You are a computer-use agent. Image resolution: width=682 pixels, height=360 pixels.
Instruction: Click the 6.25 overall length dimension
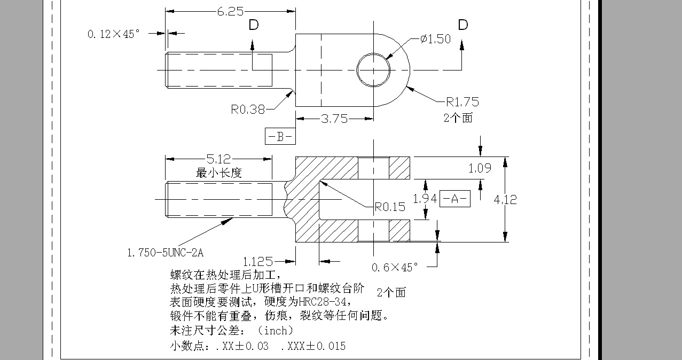(x=231, y=11)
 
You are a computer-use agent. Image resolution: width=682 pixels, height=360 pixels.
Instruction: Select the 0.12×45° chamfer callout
(x=113, y=34)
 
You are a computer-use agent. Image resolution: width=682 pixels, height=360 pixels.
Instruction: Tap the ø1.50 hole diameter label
(x=435, y=39)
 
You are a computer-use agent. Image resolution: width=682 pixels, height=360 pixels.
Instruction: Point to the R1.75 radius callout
(x=462, y=101)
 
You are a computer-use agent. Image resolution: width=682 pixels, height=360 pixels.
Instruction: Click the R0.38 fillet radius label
(x=248, y=109)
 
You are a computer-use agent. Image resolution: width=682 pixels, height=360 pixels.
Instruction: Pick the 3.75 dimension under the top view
(x=334, y=119)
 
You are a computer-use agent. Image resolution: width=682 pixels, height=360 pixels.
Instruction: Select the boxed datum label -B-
(x=280, y=137)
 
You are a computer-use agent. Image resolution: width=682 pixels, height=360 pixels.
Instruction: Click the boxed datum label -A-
(x=454, y=199)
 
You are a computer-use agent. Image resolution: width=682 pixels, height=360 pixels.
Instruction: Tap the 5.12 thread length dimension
(x=220, y=159)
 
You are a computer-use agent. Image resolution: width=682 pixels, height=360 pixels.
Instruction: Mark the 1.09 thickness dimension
(x=480, y=168)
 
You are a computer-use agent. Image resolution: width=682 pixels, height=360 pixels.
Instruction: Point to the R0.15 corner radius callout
(x=389, y=207)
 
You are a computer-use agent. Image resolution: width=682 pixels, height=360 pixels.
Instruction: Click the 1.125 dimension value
(x=258, y=262)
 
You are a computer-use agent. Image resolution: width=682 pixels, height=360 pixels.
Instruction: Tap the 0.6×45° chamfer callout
(x=395, y=267)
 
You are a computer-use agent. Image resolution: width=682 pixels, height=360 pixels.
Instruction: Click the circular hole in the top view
(x=374, y=69)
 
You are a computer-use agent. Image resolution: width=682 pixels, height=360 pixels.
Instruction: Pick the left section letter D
(x=254, y=25)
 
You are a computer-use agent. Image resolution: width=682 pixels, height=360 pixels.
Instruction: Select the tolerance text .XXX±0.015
(x=313, y=346)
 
